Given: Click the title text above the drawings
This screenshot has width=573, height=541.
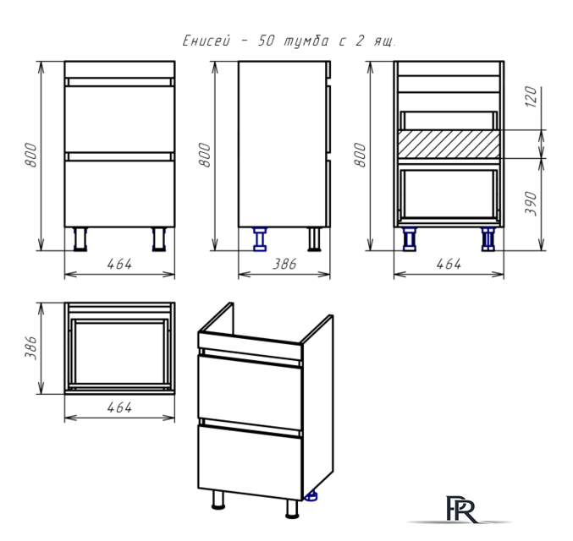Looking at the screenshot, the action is coord(289,41).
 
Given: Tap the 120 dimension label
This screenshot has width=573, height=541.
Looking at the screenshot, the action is coord(532,96).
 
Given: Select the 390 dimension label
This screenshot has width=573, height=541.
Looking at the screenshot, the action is coord(532,203).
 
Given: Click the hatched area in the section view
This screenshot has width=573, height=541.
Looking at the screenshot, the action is coord(449,145).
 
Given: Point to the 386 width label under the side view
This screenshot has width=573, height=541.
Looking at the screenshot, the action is coord(284,264).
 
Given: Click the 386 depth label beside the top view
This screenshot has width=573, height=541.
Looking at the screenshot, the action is coord(31,348).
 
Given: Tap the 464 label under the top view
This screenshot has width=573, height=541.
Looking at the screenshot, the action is coord(119,407).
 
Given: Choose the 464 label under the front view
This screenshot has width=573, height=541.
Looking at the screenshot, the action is coord(119,264).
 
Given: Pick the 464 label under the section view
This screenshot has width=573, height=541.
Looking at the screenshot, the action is coord(449,264).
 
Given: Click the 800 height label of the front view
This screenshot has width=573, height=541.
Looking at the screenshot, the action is coord(31,156).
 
